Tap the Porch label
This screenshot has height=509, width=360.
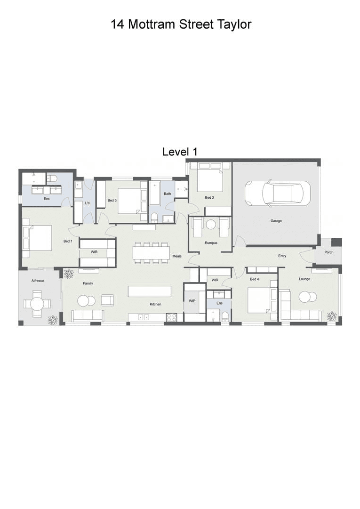[328, 252]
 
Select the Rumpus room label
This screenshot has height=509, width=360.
[211, 243]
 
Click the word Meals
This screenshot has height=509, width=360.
[177, 256]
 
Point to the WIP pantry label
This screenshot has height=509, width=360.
[192, 301]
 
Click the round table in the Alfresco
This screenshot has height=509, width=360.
[37, 304]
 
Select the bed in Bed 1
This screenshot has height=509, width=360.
[37, 238]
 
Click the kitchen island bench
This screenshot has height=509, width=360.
[150, 291]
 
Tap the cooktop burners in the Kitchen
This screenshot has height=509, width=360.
[171, 317]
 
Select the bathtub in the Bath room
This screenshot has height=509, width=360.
[155, 194]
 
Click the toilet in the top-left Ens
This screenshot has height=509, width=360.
[52, 178]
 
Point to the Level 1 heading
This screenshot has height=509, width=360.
[180, 152]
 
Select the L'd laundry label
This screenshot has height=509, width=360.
[87, 203]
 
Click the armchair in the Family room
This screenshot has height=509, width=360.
[107, 300]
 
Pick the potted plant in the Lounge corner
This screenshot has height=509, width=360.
[332, 316]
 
